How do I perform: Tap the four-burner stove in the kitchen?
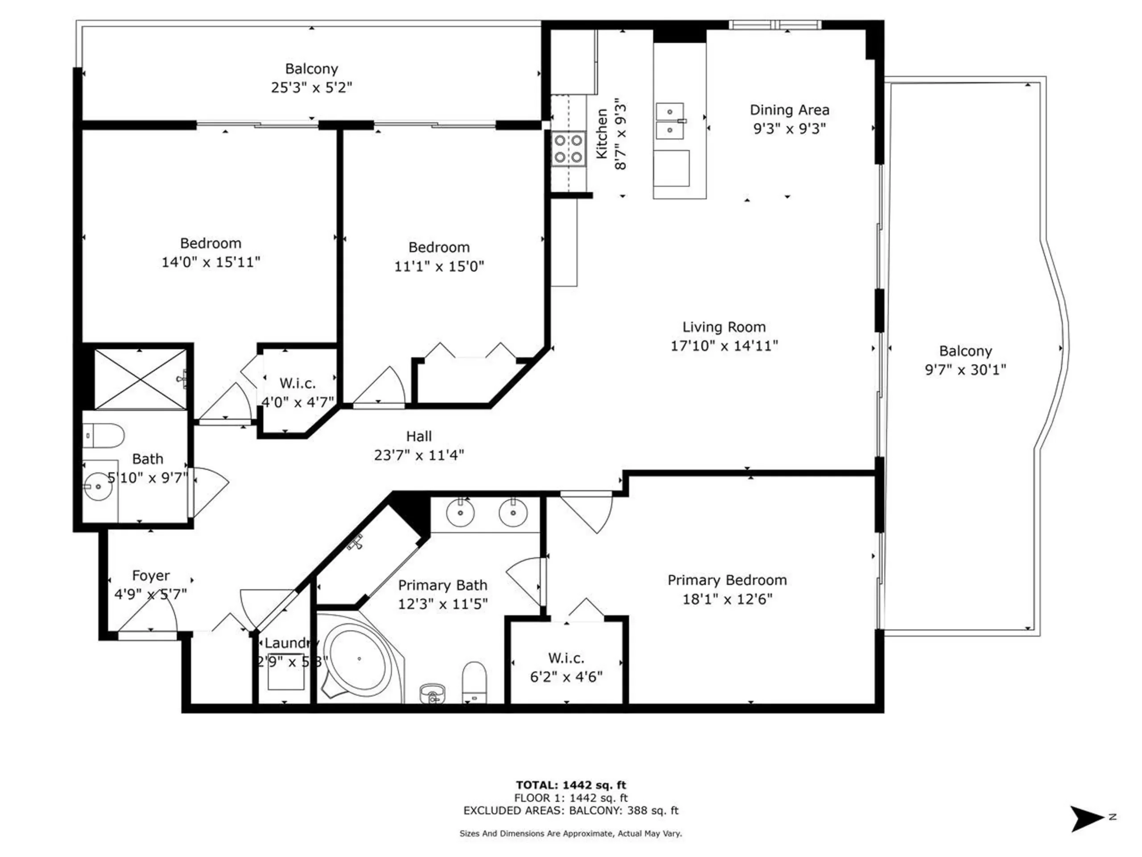(568, 149)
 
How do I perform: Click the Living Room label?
(724, 327)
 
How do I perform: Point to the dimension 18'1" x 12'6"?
(727, 599)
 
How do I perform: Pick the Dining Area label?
(790, 110)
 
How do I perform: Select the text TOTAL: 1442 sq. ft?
(571, 786)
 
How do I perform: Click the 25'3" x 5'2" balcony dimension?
(311, 87)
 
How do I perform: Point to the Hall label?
(419, 437)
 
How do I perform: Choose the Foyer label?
(151, 575)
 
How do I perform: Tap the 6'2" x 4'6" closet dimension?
(567, 677)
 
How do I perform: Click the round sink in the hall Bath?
(98, 486)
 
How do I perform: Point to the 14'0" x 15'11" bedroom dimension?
(211, 262)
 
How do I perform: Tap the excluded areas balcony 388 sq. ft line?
(571, 811)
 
